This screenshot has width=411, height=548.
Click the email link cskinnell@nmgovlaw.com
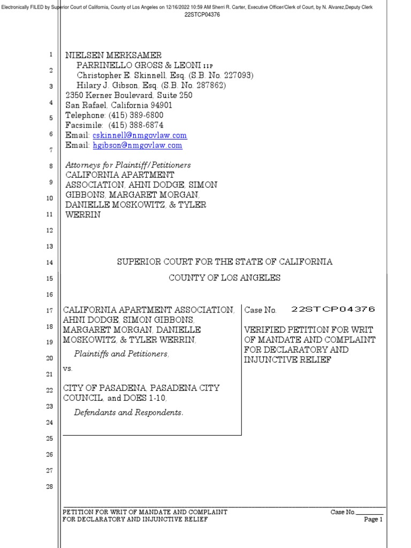click(140, 136)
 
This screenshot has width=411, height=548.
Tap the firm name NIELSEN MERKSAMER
click(113, 56)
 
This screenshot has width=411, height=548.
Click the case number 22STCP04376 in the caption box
click(333, 309)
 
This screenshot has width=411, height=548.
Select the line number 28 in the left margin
click(49, 486)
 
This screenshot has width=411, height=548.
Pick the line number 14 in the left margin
click(49, 262)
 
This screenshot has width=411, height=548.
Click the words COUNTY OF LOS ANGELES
click(225, 278)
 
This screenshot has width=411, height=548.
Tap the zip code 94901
click(157, 105)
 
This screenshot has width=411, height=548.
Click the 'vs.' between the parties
click(68, 369)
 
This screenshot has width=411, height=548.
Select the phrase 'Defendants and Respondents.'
click(128, 413)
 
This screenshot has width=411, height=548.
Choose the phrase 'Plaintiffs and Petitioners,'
click(121, 354)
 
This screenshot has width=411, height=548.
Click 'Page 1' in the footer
click(374, 520)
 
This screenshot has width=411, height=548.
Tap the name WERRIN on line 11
click(83, 215)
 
